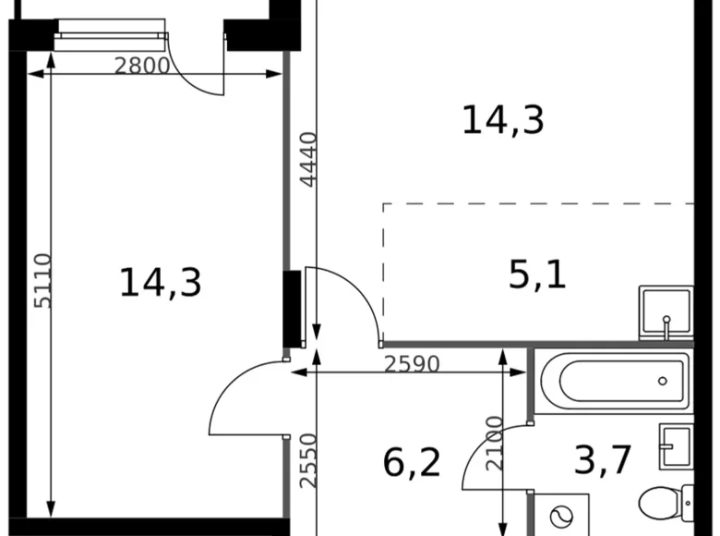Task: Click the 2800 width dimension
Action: (x=142, y=66)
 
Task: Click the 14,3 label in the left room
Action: (x=160, y=282)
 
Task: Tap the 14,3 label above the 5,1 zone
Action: (x=503, y=120)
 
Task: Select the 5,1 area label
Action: (x=537, y=274)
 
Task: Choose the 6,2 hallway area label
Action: (x=412, y=461)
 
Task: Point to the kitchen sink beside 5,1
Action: (x=666, y=312)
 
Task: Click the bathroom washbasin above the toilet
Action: (x=677, y=448)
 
